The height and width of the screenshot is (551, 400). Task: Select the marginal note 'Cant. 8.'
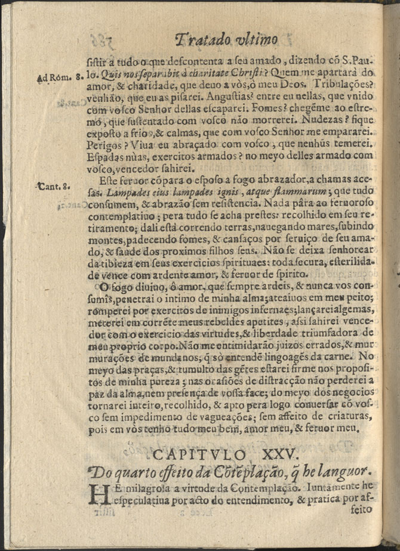pos(54,185)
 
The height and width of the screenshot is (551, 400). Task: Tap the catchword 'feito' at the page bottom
pos(358,509)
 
